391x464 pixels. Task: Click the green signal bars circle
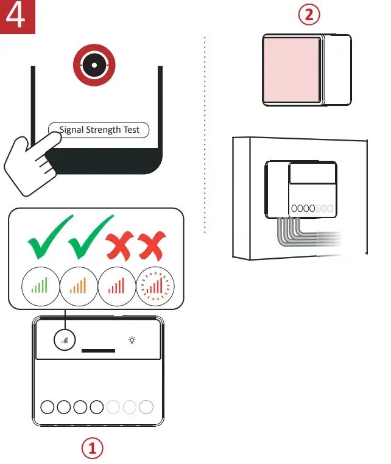(x=40, y=285)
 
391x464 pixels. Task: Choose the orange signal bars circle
(x=79, y=285)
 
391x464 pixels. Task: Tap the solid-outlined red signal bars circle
(x=117, y=285)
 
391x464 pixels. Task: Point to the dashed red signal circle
(x=155, y=285)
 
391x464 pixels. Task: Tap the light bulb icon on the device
(x=132, y=340)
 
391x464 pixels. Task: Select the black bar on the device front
(x=98, y=351)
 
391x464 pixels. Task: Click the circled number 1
(x=93, y=449)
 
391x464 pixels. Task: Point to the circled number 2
(x=309, y=15)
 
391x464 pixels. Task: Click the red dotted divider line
(x=205, y=134)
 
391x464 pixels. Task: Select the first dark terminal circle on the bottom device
(x=48, y=407)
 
